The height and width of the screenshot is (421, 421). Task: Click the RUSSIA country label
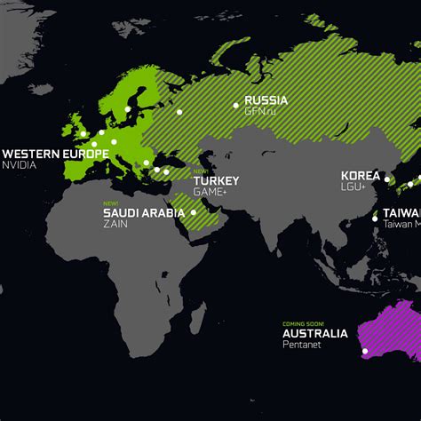point(266,99)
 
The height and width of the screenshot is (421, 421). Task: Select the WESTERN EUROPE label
point(54,154)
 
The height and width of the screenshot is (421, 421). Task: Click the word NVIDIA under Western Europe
point(20,165)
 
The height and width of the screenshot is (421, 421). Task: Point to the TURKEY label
point(216,180)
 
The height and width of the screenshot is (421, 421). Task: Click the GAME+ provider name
point(210,191)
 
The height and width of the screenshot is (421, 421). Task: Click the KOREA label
point(359,176)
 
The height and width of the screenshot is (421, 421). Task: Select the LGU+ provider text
point(353,187)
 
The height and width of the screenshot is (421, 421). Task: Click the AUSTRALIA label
point(315,334)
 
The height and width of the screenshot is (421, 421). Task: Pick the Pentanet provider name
point(301,345)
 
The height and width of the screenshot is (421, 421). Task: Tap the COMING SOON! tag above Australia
point(303,323)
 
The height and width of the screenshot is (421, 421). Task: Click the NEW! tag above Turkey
point(200,171)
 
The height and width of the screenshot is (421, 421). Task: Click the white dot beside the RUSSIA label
point(236,105)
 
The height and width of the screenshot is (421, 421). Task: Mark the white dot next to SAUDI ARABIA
point(194,212)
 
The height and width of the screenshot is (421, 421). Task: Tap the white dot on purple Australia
point(364,352)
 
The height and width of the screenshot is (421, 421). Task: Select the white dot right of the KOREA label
point(386,179)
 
